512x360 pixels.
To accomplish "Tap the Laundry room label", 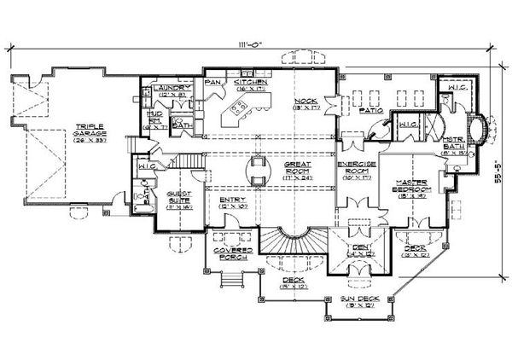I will click(x=160, y=87).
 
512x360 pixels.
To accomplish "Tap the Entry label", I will click(x=233, y=203).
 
